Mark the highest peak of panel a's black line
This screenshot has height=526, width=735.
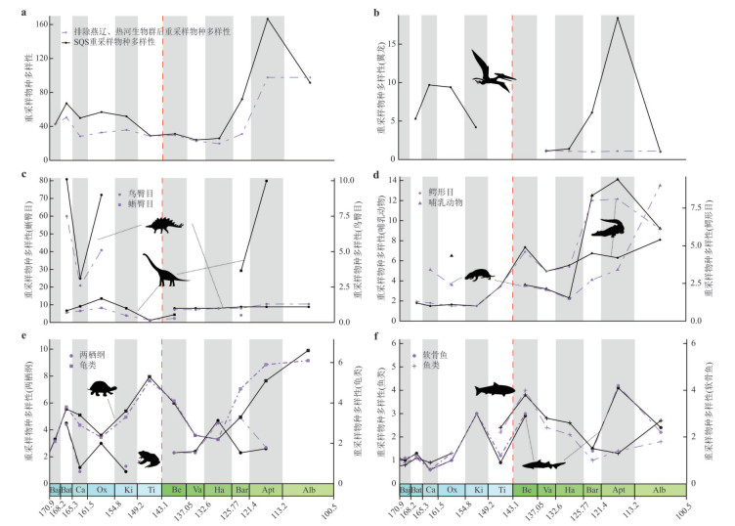tap(268, 19)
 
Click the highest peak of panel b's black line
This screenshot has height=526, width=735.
tap(618, 18)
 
